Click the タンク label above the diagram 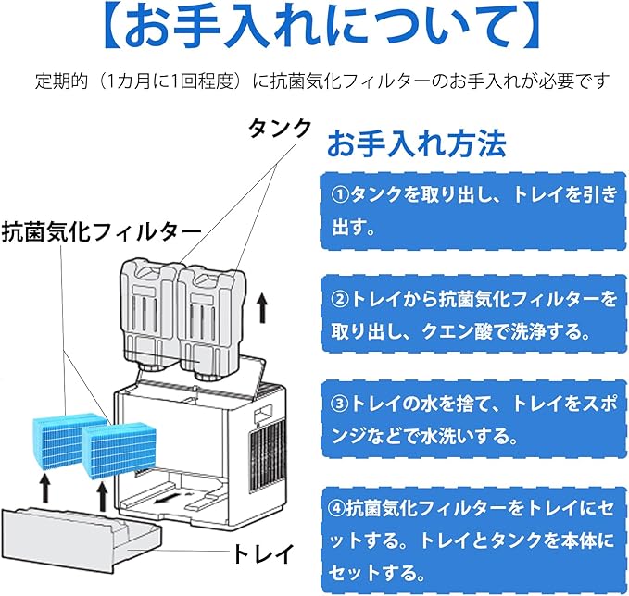click(278, 130)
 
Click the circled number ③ click(339, 404)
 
